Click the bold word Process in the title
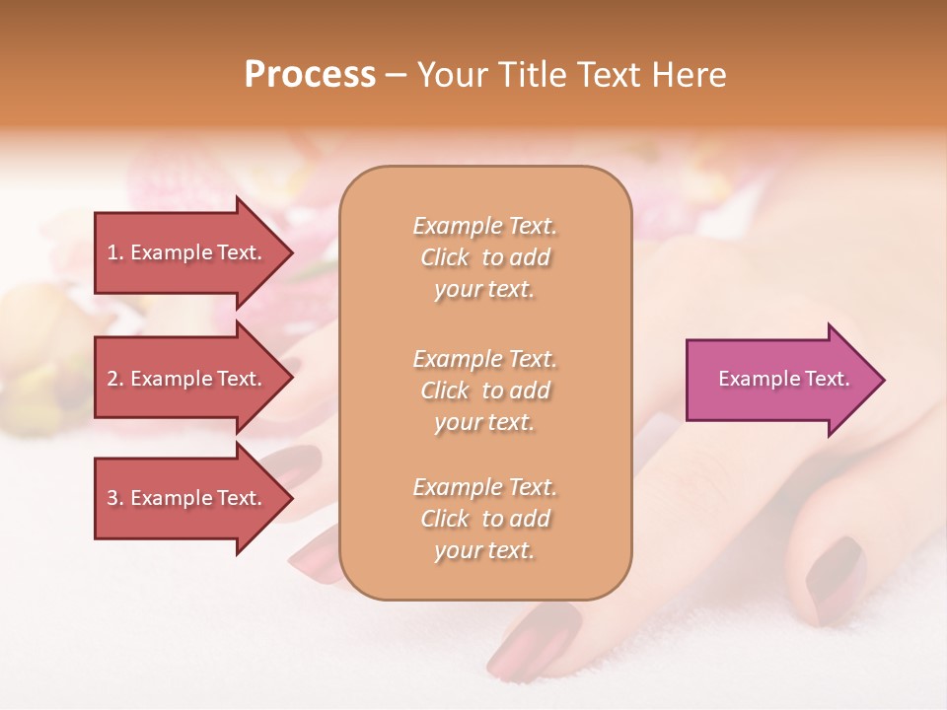click(310, 74)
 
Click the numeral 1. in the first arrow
click(115, 252)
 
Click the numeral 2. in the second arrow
click(115, 379)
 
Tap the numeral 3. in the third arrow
click(115, 498)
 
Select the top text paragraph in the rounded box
click(484, 257)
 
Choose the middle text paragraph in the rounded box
click(484, 390)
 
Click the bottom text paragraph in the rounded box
click(484, 519)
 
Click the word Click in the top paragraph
click(445, 257)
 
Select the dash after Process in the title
click(396, 75)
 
